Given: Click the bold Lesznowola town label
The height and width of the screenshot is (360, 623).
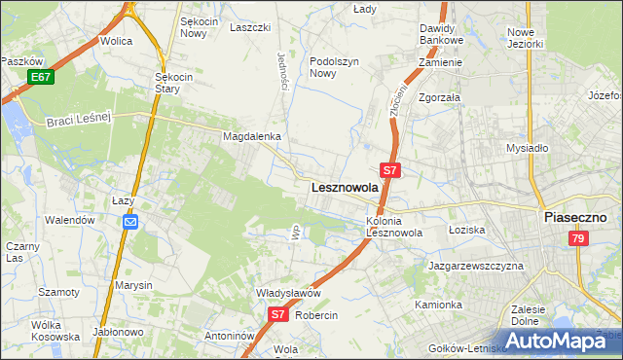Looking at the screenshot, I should [x=344, y=187].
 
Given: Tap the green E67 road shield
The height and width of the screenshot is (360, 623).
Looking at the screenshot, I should [x=40, y=77].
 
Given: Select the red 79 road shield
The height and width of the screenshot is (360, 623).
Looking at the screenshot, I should [x=578, y=238].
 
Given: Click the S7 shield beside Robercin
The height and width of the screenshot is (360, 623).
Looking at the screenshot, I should [x=277, y=314].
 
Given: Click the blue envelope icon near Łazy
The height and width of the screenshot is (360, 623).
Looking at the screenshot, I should [x=130, y=222].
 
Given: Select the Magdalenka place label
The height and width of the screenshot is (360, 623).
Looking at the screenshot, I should [x=252, y=137].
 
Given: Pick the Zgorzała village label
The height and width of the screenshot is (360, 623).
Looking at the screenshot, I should [x=439, y=98].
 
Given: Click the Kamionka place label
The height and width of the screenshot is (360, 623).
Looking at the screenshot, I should [x=438, y=305].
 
